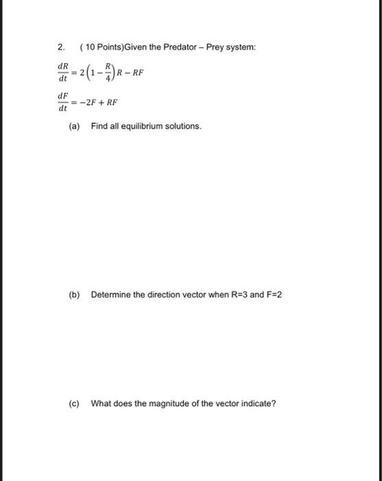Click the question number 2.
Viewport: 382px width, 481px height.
60,47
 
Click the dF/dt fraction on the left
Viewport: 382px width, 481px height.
63,102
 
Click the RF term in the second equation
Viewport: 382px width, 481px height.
111,102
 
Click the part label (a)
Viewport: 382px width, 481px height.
74,127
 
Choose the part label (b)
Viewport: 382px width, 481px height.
74,295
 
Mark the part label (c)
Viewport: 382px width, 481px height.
74,403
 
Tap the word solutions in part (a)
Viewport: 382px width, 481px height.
182,127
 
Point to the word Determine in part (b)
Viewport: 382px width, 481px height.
110,295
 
